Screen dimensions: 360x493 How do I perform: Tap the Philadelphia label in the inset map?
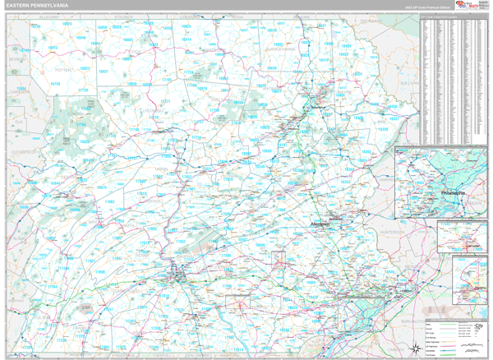453,193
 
